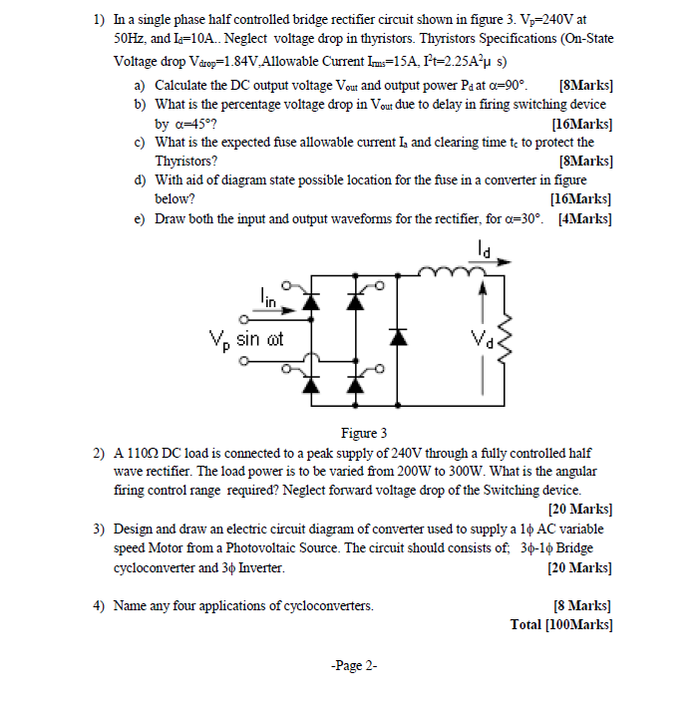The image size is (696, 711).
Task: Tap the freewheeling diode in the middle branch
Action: (x=401, y=337)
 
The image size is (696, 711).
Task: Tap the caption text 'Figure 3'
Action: (x=363, y=433)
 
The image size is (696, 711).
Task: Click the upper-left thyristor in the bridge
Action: (x=311, y=303)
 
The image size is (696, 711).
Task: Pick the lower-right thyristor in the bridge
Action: (x=354, y=383)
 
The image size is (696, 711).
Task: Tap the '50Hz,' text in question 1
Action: (x=135, y=37)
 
